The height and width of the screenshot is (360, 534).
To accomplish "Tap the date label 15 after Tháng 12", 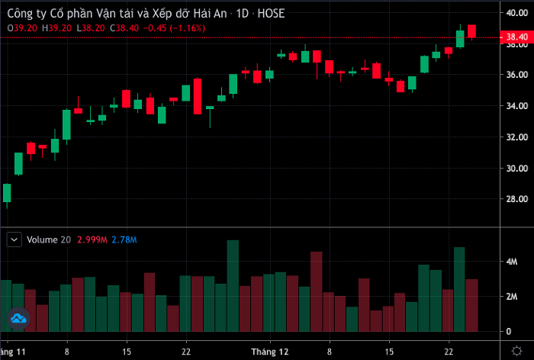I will tap(388, 352).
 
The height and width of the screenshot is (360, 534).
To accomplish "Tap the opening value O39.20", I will tap(22, 27).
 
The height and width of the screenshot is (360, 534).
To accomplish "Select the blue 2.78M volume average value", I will tap(124, 239).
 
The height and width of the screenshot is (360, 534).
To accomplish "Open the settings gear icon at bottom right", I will tap(516, 352).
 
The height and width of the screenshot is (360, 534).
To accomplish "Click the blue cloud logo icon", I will tap(18, 318).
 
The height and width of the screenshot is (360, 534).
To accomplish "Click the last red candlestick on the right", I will tap(472, 31).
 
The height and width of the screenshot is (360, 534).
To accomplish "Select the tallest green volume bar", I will tap(233, 286).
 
